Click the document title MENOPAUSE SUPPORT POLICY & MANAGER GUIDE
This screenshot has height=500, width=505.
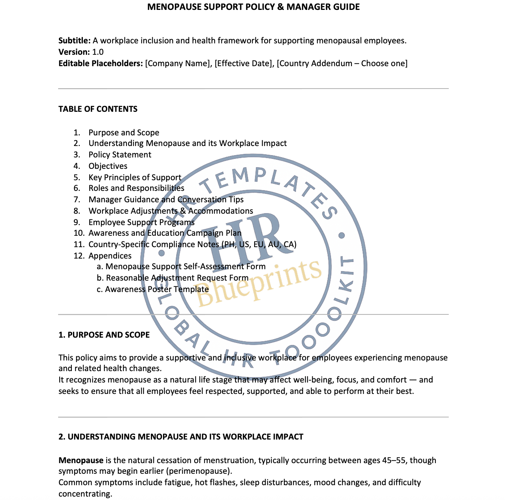(x=253, y=7)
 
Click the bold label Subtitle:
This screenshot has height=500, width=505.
(x=74, y=41)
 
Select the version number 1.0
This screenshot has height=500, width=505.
(x=98, y=52)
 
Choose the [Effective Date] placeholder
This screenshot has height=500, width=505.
(x=244, y=63)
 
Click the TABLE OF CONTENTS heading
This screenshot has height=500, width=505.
(x=98, y=109)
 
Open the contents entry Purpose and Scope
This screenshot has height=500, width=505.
(x=124, y=133)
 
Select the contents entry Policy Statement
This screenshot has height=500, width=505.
(x=120, y=155)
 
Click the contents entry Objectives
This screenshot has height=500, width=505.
(x=108, y=166)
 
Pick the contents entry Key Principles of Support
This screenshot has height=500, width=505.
(x=135, y=178)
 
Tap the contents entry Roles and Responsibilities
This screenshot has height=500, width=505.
(x=136, y=188)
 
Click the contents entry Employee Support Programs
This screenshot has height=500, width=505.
(x=141, y=222)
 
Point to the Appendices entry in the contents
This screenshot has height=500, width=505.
(x=110, y=256)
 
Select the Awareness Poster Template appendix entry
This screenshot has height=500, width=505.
(x=157, y=289)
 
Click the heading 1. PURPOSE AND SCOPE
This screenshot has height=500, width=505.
(x=104, y=335)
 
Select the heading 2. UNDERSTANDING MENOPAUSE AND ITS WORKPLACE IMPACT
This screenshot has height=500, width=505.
(x=181, y=437)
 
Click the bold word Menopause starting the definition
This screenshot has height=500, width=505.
(x=81, y=460)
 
